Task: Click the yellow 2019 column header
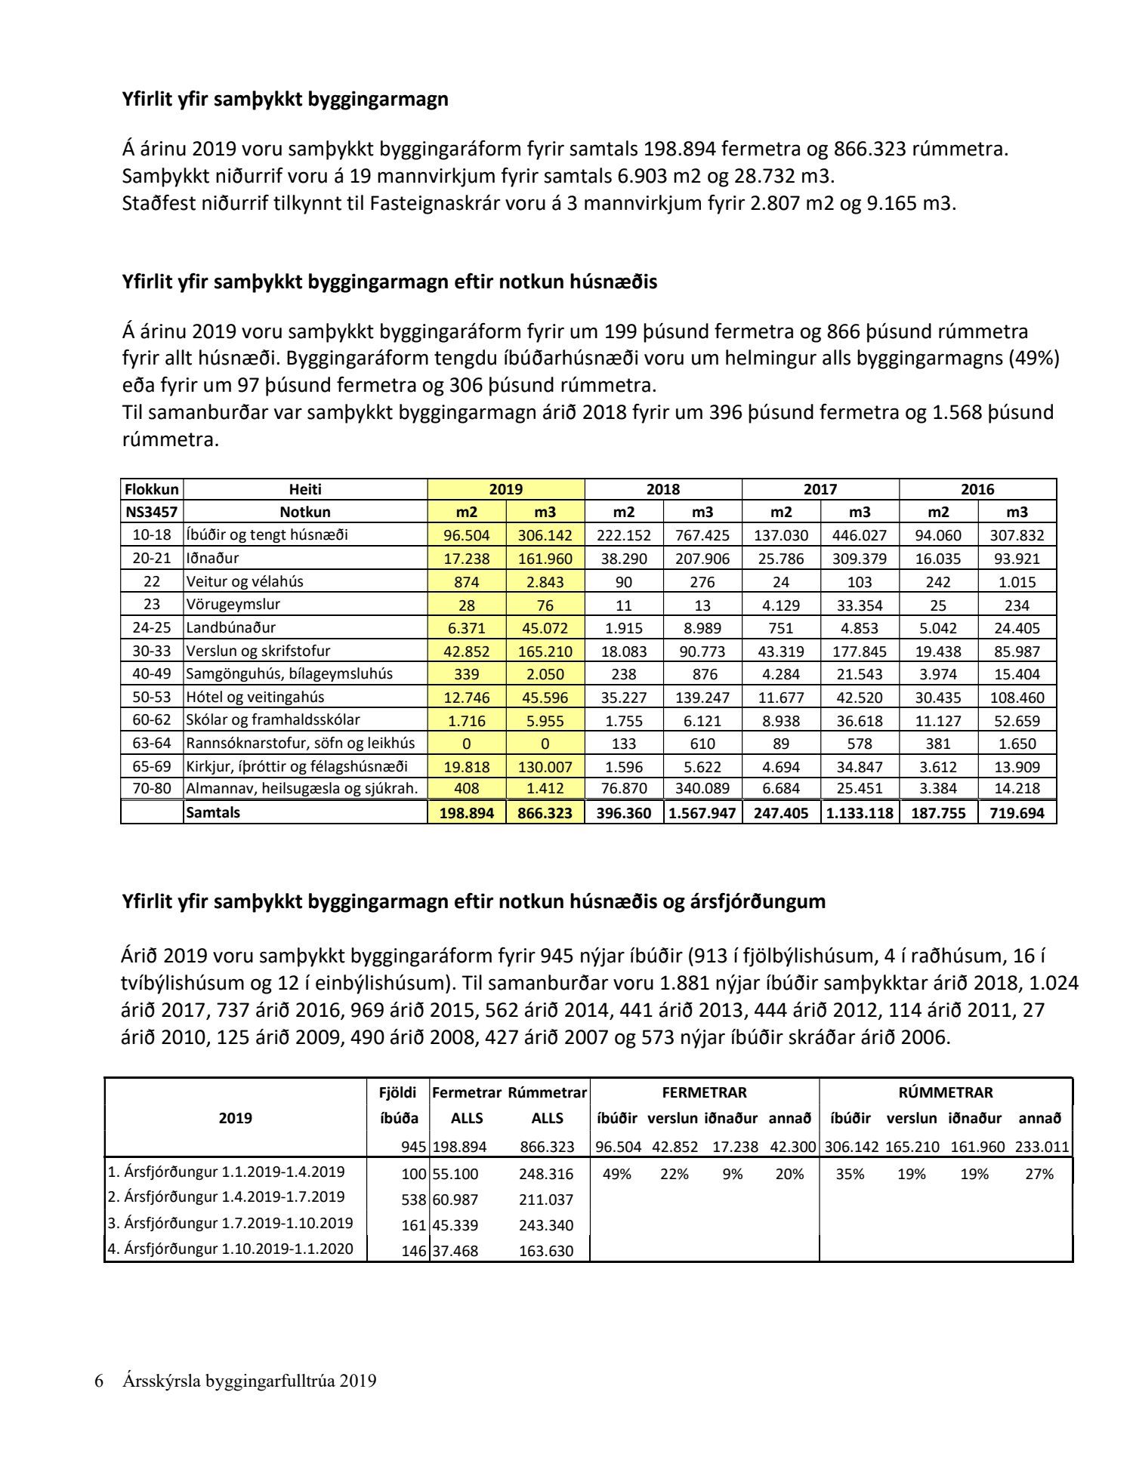[505, 489]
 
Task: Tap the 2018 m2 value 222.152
[623, 535]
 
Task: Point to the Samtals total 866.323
[545, 813]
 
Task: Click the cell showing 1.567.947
[702, 813]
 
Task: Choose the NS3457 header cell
[151, 512]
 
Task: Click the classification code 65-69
[152, 766]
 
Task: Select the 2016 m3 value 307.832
[1017, 535]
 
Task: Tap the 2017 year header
[820, 489]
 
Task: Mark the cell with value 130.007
[545, 767]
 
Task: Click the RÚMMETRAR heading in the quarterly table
[946, 1092]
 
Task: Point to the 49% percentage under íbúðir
[616, 1174]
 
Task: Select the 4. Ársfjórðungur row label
[230, 1249]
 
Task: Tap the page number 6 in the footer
[98, 1381]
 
